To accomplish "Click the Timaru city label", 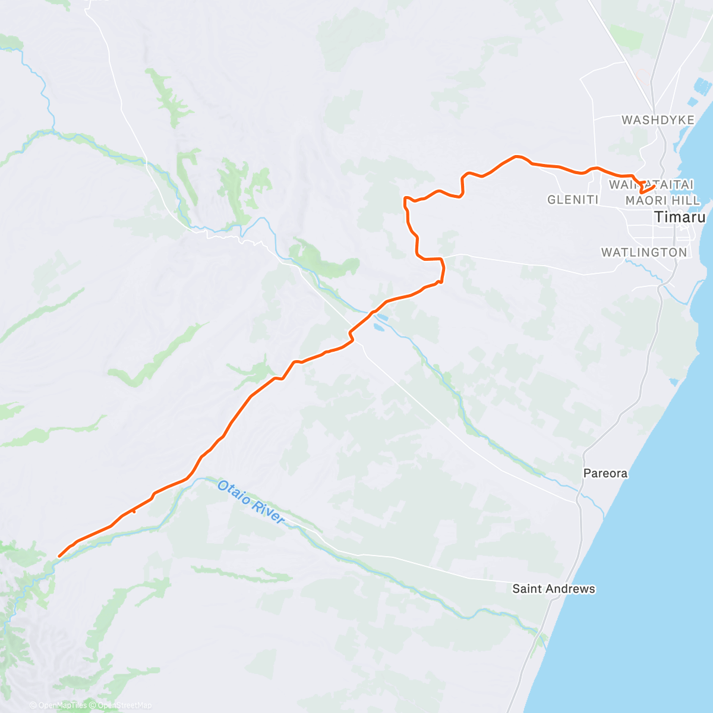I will tap(680, 217).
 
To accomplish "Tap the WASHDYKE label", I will tap(658, 120).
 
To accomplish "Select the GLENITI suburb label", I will tap(573, 200).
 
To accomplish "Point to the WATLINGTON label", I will tap(644, 253).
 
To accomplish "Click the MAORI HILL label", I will tap(662, 201).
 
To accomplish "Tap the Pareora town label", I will tap(605, 474).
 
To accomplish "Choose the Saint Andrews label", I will tap(554, 589).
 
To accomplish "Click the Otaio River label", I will tap(251, 502).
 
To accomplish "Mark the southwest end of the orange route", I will tap(58, 557).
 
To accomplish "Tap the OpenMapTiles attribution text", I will tap(59, 705).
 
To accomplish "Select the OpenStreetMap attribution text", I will tap(124, 705).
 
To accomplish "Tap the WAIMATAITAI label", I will tap(651, 185).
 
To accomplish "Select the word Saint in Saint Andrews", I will tap(527, 589).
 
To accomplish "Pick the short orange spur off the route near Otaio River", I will tap(132, 509).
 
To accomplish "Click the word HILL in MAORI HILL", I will tap(687, 201).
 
